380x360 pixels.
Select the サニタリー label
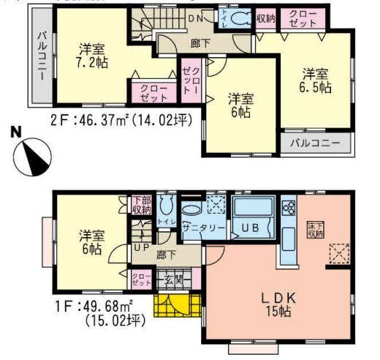click(x=202, y=228)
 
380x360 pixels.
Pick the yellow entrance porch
click(x=175, y=304)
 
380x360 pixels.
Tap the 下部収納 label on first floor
click(x=141, y=205)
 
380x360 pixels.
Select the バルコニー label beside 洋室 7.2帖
click(x=42, y=56)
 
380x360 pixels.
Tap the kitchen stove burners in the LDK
click(x=288, y=207)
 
